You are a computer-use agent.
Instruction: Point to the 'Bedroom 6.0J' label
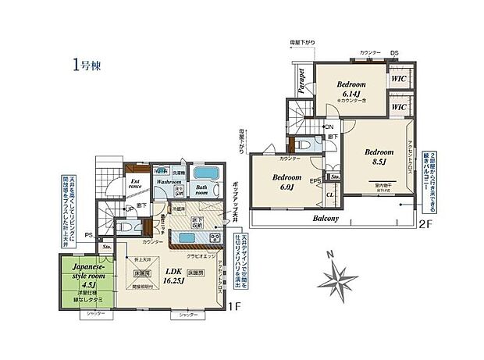pyautogui.click(x=286, y=182)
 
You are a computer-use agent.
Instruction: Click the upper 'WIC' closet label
pyautogui.click(x=398, y=79)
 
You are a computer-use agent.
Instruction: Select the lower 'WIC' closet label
pyautogui.click(x=398, y=106)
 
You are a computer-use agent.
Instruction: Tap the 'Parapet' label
pyautogui.click(x=301, y=80)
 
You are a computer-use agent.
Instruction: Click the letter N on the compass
pyautogui.click(x=330, y=254)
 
